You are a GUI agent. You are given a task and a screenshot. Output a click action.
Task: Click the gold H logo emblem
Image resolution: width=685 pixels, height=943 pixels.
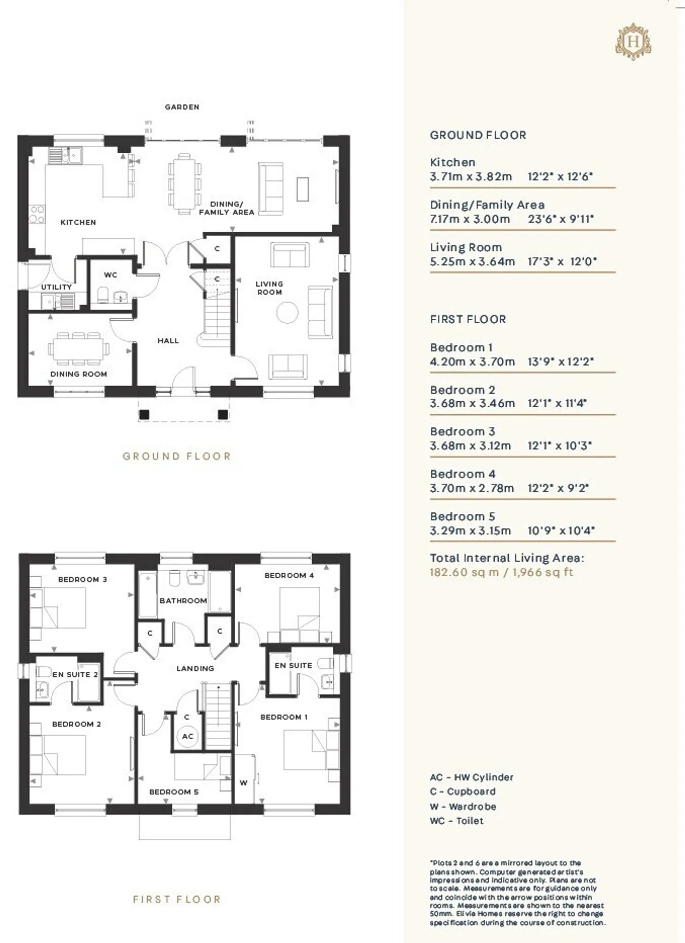[x=633, y=41]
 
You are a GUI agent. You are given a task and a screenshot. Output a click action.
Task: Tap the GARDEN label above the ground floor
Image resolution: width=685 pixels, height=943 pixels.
[x=182, y=107]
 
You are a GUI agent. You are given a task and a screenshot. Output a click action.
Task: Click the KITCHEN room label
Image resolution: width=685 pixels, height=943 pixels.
[x=78, y=222]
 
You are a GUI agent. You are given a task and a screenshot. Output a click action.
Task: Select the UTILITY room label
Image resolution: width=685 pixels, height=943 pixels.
[x=56, y=287]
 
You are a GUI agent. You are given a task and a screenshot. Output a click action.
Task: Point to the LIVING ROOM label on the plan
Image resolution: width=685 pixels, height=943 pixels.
[x=270, y=288]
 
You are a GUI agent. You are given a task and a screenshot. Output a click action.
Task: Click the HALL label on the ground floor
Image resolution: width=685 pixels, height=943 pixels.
[x=168, y=341]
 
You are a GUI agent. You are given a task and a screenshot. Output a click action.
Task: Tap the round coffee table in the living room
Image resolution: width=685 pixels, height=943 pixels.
[x=287, y=312]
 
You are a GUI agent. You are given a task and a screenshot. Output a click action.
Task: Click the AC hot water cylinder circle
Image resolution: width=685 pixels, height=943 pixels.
[x=188, y=736]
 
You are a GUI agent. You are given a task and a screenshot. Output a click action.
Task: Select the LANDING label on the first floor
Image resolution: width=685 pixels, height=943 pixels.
[x=195, y=668]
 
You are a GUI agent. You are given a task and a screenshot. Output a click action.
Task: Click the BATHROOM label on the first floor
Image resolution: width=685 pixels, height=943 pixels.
[x=183, y=601]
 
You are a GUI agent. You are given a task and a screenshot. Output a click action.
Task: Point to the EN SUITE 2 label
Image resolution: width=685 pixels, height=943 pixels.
[x=75, y=675]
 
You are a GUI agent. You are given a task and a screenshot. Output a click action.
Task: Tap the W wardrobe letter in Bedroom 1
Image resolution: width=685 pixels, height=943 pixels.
[x=244, y=783]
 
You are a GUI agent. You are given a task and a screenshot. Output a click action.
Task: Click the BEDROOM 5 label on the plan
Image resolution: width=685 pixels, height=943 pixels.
[x=174, y=792]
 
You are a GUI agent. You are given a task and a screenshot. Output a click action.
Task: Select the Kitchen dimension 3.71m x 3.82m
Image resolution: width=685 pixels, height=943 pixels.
[x=471, y=177]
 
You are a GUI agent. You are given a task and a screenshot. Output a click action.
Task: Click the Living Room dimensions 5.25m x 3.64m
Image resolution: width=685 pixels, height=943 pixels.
[x=472, y=262]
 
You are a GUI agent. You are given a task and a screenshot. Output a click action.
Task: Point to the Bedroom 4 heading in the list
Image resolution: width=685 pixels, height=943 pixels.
[x=463, y=474]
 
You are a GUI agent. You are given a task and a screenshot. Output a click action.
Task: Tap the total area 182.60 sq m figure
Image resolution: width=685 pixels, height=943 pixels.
[x=464, y=572]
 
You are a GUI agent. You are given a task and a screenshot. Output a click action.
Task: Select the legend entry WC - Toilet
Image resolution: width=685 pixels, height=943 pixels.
[x=457, y=821]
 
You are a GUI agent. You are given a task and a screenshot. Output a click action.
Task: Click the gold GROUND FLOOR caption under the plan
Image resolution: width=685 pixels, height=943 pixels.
[x=177, y=456]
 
